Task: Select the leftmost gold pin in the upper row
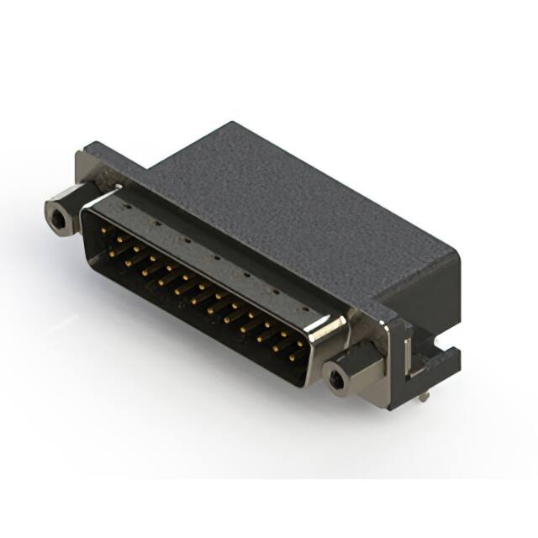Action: [x=103, y=229]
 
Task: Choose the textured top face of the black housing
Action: [x=286, y=202]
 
